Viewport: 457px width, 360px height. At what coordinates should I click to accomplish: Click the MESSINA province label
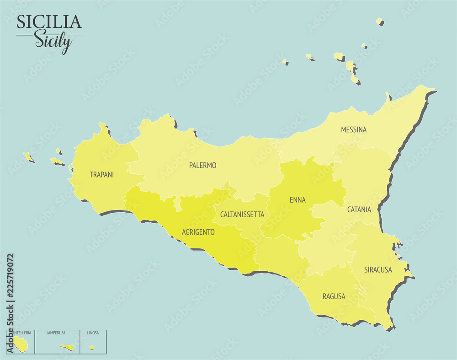(353, 130)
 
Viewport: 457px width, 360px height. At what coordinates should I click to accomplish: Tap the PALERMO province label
(202, 166)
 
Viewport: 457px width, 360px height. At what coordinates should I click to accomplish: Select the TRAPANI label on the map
(101, 175)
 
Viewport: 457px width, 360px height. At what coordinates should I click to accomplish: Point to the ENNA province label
(298, 200)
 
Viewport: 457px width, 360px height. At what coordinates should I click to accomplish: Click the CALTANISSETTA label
(242, 215)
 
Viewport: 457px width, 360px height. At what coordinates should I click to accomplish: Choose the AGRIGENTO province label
(198, 232)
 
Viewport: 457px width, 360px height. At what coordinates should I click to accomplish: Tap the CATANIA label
(359, 210)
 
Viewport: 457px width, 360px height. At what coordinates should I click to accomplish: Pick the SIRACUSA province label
(378, 270)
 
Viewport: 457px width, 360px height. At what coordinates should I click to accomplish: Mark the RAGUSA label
(334, 297)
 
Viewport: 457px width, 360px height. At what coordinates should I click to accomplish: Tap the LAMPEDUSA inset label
(56, 333)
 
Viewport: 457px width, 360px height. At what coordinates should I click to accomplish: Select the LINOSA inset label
(93, 333)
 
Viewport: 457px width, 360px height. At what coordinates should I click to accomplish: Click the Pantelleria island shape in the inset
(20, 343)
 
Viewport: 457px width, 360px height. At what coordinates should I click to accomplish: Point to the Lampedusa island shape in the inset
(68, 348)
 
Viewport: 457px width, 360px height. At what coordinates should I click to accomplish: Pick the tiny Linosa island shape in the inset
(92, 348)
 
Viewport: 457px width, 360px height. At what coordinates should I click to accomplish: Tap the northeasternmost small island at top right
(379, 21)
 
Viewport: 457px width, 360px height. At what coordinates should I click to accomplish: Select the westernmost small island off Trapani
(28, 157)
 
